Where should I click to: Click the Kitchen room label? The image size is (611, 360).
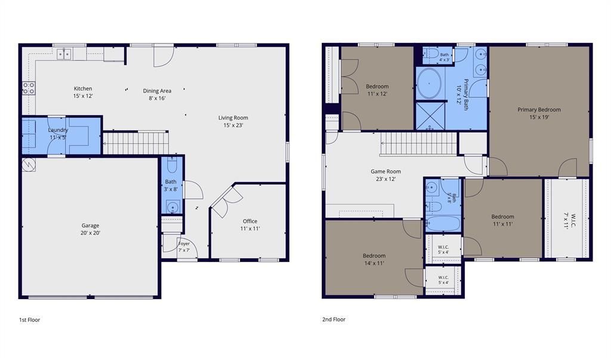click(83, 88)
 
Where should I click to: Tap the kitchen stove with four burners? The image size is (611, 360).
click(29, 88)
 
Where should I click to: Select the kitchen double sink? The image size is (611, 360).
click(64, 54)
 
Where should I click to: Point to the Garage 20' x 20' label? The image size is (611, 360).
click(91, 229)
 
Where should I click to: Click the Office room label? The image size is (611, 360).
click(250, 221)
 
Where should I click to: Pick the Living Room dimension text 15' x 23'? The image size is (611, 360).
click(233, 125)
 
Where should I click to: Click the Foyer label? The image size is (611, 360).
click(184, 244)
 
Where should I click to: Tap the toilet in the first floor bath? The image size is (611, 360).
click(172, 165)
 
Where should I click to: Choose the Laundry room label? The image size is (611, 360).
click(58, 130)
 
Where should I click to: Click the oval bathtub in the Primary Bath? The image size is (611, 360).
click(429, 84)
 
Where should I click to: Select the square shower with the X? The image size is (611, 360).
click(430, 116)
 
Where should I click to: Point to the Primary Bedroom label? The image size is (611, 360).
click(539, 110)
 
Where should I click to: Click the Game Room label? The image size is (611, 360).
click(385, 171)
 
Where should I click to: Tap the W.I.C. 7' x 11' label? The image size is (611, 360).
click(570, 220)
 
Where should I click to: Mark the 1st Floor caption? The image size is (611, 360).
click(30, 320)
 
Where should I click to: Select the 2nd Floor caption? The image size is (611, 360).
click(334, 319)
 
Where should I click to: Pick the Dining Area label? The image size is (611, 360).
click(157, 91)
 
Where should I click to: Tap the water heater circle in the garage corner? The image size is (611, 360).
click(29, 165)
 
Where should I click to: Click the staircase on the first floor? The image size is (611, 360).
click(135, 143)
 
